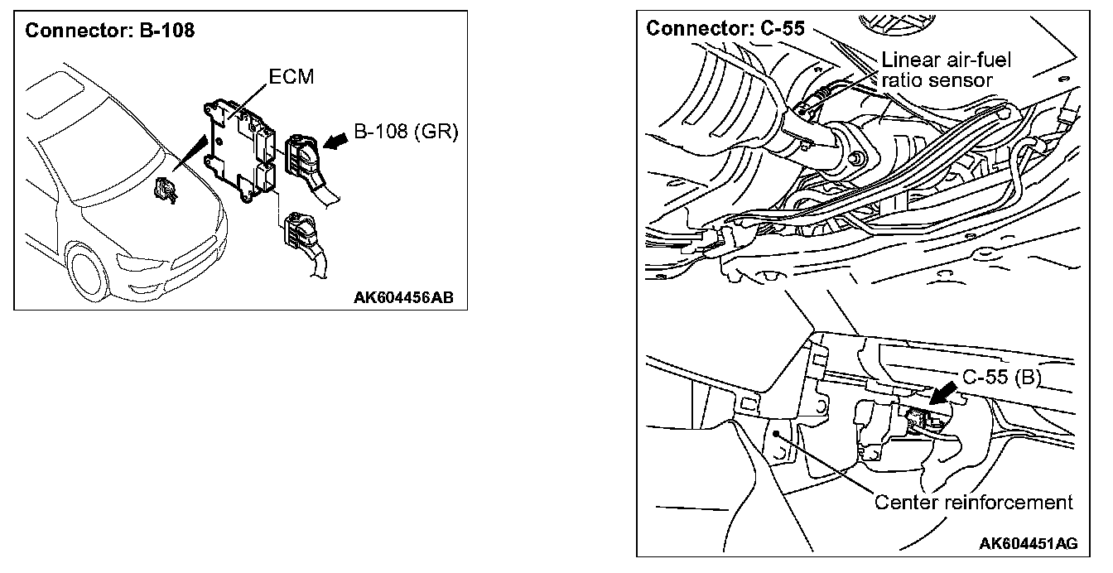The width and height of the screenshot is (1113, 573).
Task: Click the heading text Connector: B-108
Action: coord(109,31)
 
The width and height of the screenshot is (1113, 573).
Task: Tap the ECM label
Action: coord(291,77)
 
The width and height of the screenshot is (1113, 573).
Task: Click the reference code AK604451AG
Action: coord(1028,543)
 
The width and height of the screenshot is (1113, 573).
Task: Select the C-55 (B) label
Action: coord(1001,378)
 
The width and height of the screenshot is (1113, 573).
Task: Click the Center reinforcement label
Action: coord(973,502)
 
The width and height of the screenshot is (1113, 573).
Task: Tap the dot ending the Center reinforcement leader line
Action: coord(777,432)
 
